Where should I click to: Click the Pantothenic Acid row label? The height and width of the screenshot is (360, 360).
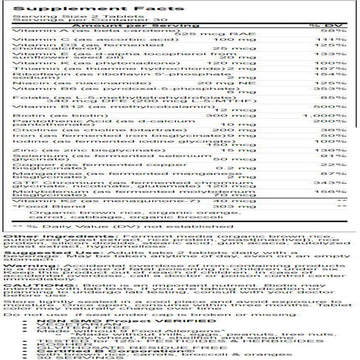[x=57, y=121]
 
